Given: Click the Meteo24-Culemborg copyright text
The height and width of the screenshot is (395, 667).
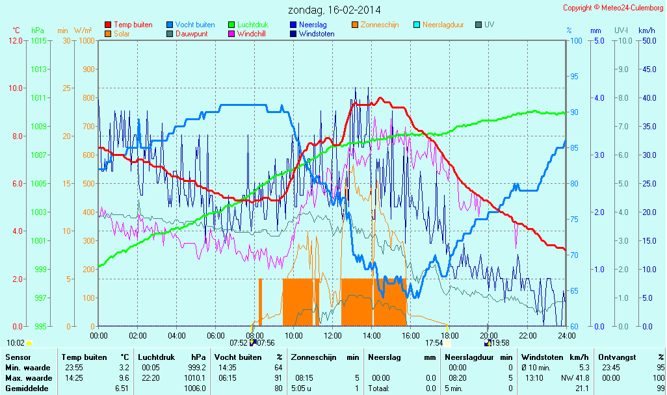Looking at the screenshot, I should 613,8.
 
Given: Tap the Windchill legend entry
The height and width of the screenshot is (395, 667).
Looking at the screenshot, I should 250,33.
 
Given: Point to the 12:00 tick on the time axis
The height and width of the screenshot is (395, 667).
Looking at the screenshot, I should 332,335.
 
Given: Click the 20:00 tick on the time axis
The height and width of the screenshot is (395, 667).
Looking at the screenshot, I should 488,335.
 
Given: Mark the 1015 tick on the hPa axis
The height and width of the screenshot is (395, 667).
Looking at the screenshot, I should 38,40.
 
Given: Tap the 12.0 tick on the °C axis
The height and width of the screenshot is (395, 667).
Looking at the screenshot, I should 16,40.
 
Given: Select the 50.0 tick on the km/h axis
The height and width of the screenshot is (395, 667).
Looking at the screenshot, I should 647,40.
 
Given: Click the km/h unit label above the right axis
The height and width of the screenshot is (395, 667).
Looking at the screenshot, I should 646,31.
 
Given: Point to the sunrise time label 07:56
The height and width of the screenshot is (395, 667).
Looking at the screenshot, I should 266,342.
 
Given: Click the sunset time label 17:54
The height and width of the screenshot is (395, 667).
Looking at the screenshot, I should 434,342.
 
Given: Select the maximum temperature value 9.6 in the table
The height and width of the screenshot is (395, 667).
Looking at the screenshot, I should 125,377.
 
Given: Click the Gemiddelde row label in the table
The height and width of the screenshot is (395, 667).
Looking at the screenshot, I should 27,388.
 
